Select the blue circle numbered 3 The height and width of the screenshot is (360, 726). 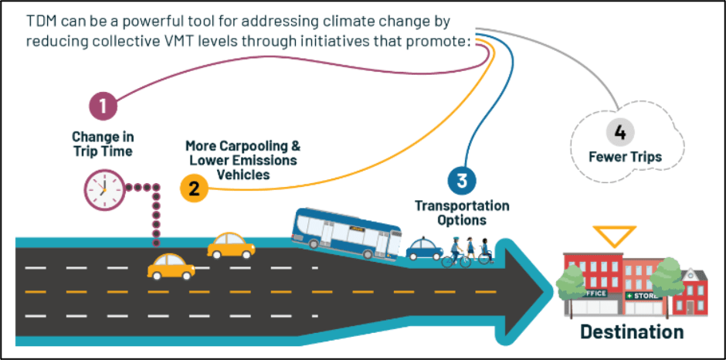click(x=461, y=181)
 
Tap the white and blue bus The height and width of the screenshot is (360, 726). click(x=347, y=232)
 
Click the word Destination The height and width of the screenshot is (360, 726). click(x=632, y=332)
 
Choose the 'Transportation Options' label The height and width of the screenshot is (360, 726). click(x=462, y=212)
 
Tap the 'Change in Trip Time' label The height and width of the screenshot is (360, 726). click(x=103, y=144)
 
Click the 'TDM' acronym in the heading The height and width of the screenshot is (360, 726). click(x=42, y=20)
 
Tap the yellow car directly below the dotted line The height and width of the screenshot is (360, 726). click(x=171, y=267)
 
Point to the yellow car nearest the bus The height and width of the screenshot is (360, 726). click(x=231, y=246)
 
